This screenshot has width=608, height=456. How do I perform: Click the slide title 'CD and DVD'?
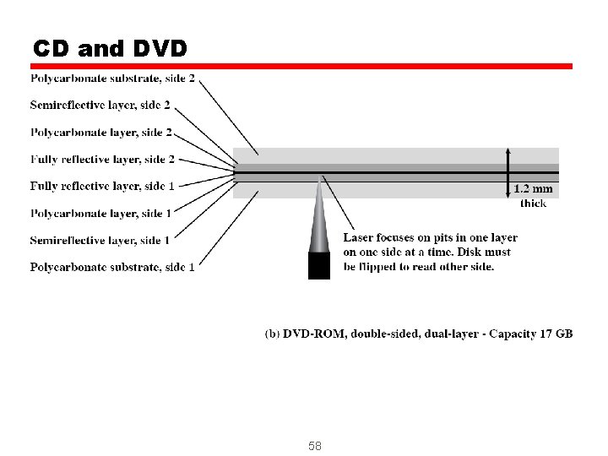pyautogui.click(x=110, y=47)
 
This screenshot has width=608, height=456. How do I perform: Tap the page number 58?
pyautogui.click(x=315, y=445)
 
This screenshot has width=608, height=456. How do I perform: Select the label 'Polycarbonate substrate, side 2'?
pyautogui.click(x=113, y=79)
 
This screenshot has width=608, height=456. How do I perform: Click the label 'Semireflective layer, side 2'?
pyautogui.click(x=100, y=105)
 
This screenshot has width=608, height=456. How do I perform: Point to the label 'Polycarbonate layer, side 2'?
pyautogui.click(x=101, y=132)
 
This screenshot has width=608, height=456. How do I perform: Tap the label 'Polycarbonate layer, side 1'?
pyautogui.click(x=101, y=213)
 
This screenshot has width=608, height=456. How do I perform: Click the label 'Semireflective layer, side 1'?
pyautogui.click(x=100, y=240)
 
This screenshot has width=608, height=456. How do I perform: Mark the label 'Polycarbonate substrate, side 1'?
pyautogui.click(x=113, y=267)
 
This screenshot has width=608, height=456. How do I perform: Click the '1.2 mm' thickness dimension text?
pyautogui.click(x=533, y=189)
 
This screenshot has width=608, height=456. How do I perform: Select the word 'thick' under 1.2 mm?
pyautogui.click(x=533, y=203)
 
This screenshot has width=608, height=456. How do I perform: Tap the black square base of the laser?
pyautogui.click(x=319, y=266)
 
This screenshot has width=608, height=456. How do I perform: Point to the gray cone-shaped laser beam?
pyautogui.click(x=320, y=224)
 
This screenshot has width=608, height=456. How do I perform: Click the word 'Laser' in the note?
pyautogui.click(x=361, y=238)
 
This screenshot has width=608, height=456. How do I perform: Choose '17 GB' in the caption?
pyautogui.click(x=556, y=334)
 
